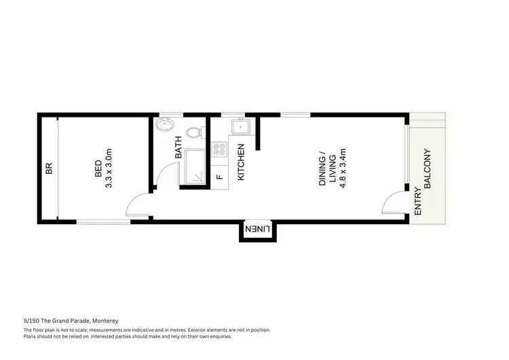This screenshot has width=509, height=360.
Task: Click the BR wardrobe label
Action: [x=49, y=168]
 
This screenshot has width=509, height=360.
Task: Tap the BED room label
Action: [x=98, y=168]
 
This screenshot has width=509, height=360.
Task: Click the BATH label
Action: [x=178, y=147]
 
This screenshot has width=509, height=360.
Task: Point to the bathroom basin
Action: [x=164, y=125]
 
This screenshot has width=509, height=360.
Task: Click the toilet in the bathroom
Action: [x=193, y=131]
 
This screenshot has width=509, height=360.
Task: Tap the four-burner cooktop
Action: [x=219, y=150]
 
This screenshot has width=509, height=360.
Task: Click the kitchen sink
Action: [x=240, y=126]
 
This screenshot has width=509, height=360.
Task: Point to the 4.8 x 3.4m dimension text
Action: [x=343, y=168]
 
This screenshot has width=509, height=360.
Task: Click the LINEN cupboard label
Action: [x=258, y=230]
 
